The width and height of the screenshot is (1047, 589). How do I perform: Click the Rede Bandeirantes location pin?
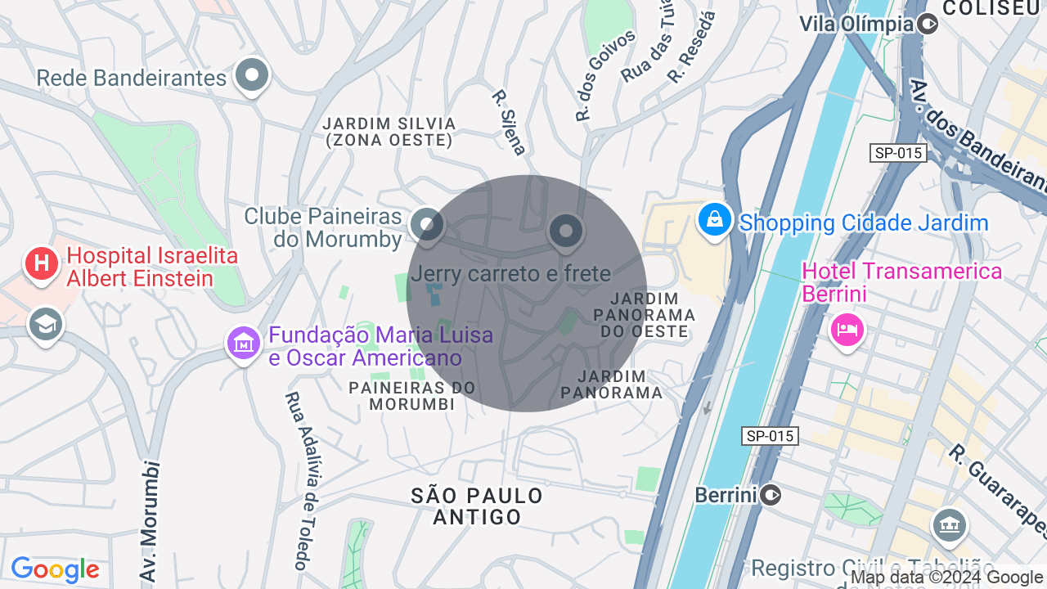point(252,76)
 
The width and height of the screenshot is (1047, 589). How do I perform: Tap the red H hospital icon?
point(41,263)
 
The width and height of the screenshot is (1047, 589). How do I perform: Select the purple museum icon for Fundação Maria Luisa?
point(243,344)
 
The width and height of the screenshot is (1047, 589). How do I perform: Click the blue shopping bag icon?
point(714,219)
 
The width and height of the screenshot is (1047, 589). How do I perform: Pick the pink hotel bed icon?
point(847,330)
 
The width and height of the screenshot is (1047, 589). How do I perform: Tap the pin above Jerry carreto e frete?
point(565,232)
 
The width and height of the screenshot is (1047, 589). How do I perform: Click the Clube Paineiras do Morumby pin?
point(426,224)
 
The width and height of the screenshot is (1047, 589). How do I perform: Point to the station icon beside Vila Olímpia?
point(928,24)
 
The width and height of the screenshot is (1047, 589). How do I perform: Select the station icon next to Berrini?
point(771,495)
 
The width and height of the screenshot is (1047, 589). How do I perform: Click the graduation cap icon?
point(46,325)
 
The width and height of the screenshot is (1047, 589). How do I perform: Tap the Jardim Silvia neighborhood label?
point(389,132)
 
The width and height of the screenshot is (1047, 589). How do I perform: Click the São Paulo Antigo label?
point(477,506)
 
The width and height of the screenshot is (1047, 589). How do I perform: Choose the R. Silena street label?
point(508,122)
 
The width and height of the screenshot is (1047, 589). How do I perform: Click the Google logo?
point(55,570)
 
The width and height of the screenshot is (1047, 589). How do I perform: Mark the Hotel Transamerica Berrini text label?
point(901,281)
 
